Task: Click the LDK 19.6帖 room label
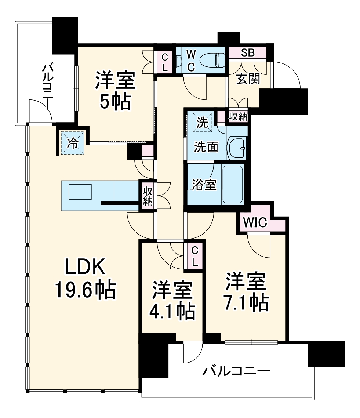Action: point(85,279)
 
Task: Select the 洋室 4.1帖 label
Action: point(172,301)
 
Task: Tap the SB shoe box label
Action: point(248,53)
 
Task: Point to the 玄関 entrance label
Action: point(248,78)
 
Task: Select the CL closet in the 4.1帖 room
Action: point(194,256)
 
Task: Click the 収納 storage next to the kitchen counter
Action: point(148,196)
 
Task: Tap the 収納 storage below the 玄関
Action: point(238,117)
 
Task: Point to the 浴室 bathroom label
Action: point(204,185)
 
